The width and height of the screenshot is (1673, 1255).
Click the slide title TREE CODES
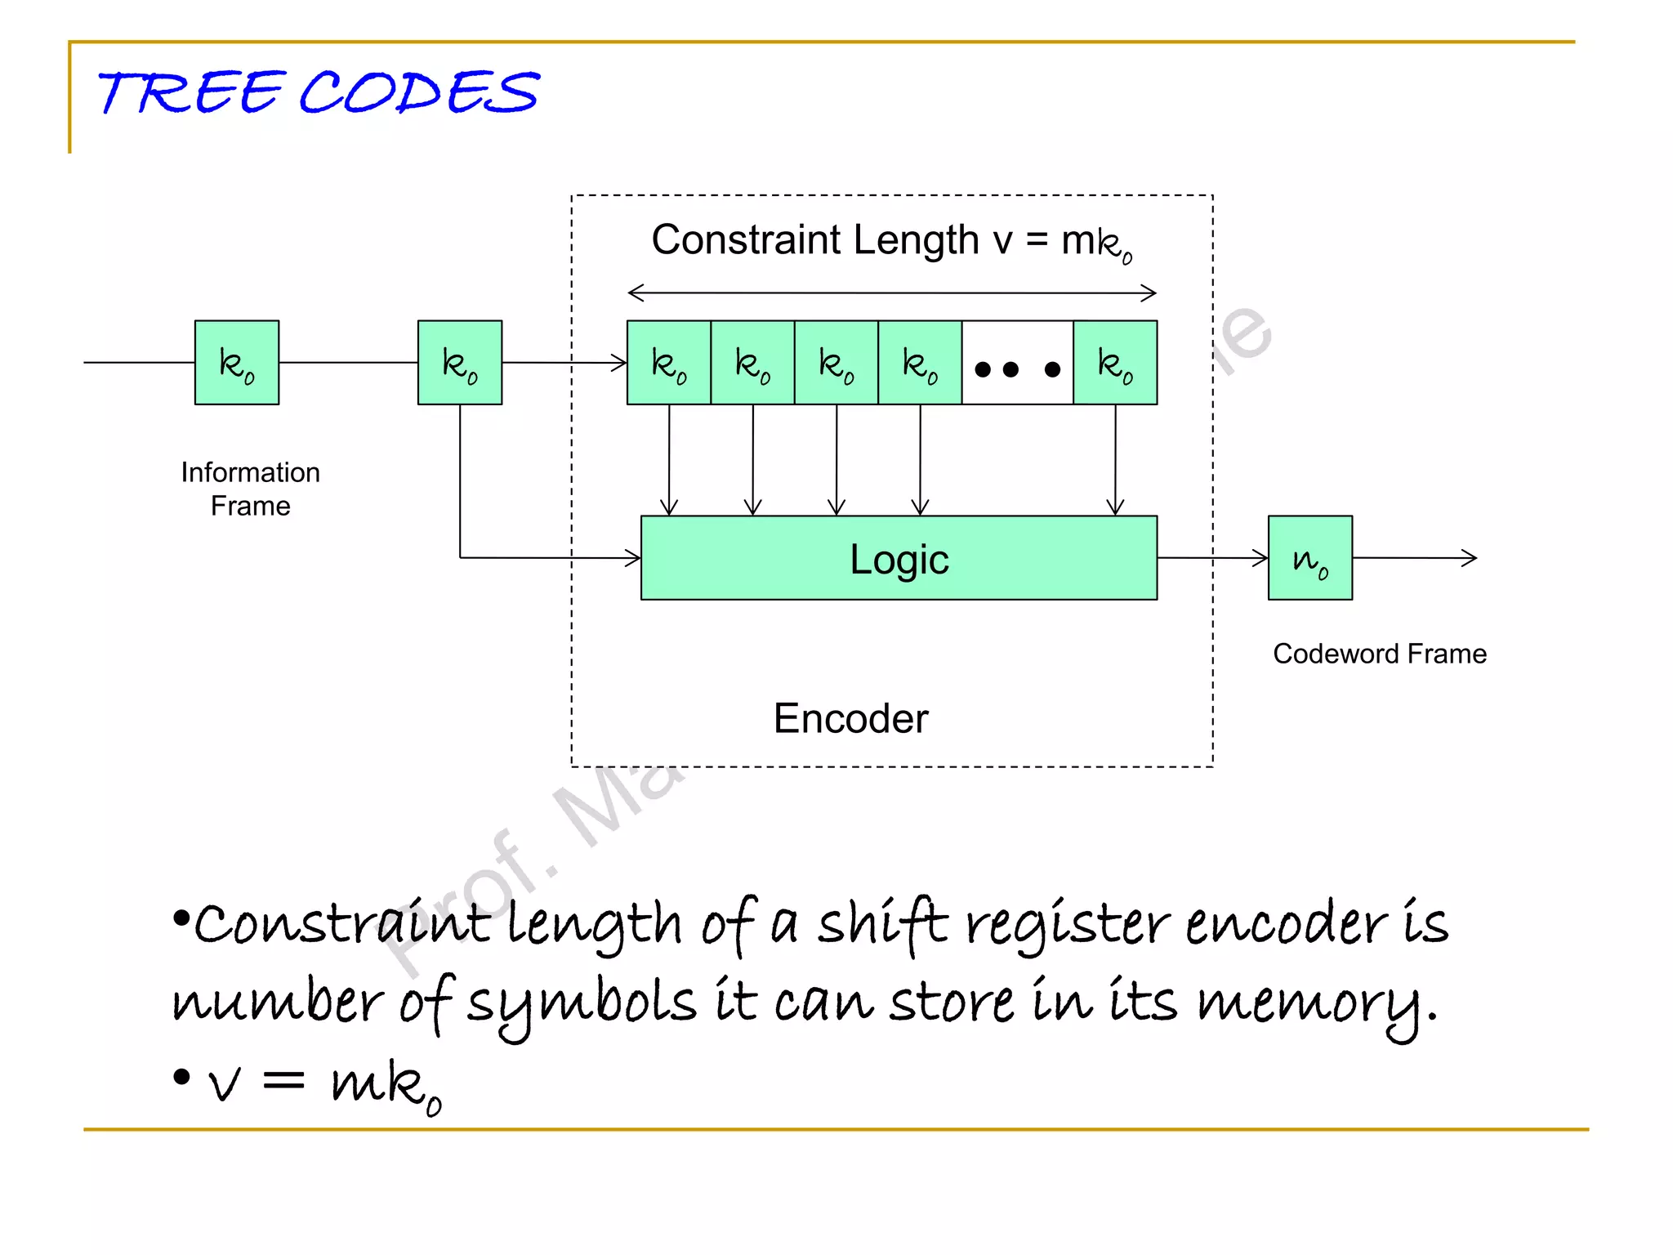pos(319,92)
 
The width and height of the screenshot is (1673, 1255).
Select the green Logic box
pos(899,558)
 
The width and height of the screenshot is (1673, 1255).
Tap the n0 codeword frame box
pos(1309,558)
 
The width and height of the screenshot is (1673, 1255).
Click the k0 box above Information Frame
pos(237,363)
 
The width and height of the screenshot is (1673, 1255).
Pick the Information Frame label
pos(250,489)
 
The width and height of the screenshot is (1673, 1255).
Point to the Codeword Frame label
pos(1379,654)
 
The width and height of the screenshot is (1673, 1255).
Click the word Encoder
pos(850,718)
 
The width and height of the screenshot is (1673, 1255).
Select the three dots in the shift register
pos(1017,369)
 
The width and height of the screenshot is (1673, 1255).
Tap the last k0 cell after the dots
pos(1115,363)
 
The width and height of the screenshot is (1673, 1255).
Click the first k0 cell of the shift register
pos(669,363)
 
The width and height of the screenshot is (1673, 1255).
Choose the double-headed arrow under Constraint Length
pos(891,293)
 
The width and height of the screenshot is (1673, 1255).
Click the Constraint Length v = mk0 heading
pos(891,241)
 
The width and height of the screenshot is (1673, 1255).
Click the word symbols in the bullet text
pos(582,1003)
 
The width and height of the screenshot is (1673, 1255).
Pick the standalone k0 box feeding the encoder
pos(460,363)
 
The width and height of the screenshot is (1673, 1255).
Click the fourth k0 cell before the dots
pos(920,363)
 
